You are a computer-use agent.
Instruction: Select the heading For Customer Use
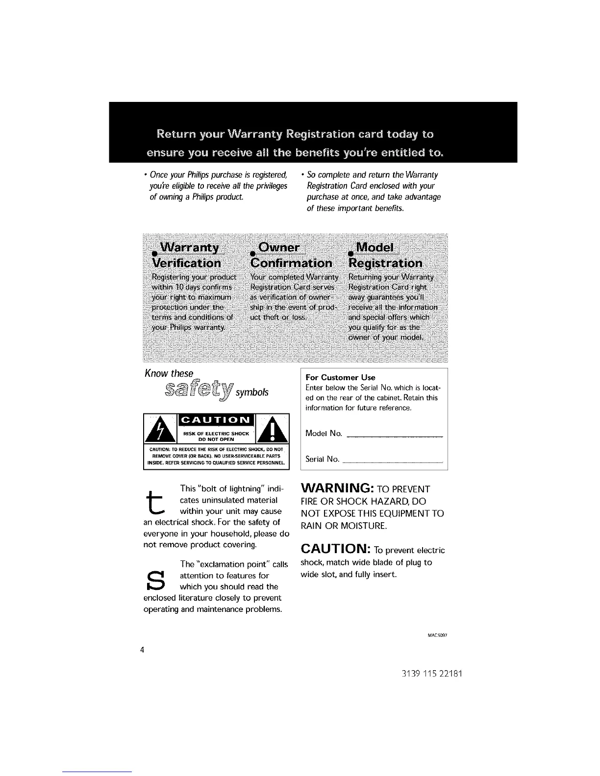340,377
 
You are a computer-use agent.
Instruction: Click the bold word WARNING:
338,488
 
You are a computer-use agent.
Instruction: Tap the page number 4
142,651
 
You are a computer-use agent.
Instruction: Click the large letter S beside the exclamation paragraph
155,581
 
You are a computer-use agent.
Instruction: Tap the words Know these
169,373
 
